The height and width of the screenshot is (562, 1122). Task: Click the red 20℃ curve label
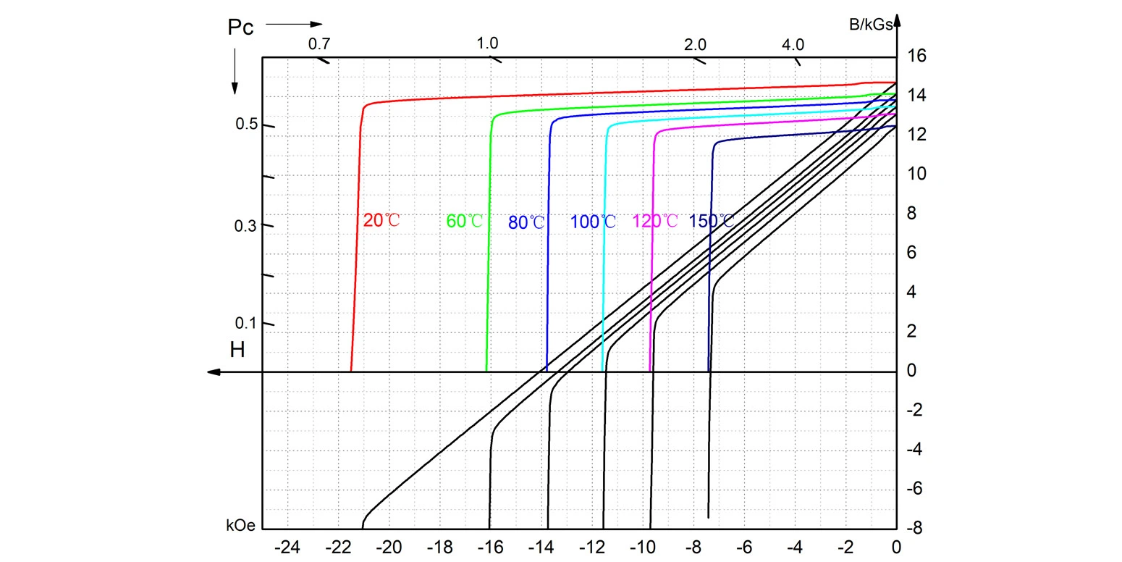(x=381, y=220)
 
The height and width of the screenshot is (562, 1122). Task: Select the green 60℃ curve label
(x=465, y=221)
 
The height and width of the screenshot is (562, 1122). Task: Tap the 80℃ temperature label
(x=526, y=222)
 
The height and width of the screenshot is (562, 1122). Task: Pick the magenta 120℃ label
(x=656, y=221)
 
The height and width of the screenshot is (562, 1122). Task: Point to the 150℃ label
(x=712, y=221)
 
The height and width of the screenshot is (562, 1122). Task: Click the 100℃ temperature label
(x=594, y=222)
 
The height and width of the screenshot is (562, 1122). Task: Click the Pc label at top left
(x=240, y=28)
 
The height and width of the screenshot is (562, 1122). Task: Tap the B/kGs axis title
(x=871, y=24)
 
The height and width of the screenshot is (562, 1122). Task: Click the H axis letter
(x=237, y=350)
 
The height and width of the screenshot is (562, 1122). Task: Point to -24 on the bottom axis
(x=288, y=547)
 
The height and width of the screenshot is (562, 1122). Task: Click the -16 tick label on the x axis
(x=490, y=547)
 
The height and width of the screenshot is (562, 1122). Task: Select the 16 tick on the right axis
(x=916, y=56)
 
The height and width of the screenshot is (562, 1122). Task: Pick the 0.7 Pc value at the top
(x=319, y=43)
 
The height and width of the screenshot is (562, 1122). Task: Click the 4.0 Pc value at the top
(x=793, y=44)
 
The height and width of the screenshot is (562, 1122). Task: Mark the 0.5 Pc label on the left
(x=246, y=125)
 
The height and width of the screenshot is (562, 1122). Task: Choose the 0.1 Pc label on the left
(x=246, y=323)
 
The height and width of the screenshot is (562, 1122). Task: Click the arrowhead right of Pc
(x=316, y=24)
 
